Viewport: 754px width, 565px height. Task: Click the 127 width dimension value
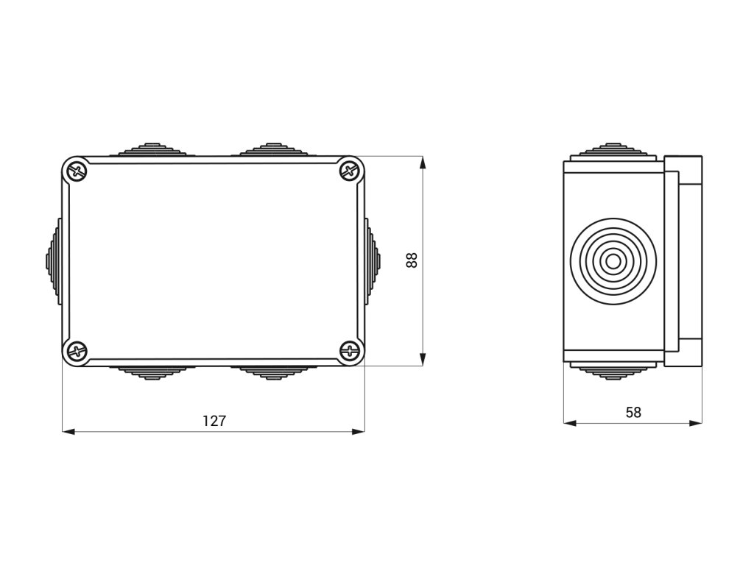coord(214,421)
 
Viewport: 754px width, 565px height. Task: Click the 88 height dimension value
coord(412,260)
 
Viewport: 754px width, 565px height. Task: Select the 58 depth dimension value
coord(633,412)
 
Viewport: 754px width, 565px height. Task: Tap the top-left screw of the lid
coord(77,171)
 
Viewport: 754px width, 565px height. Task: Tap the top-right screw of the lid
coord(350,170)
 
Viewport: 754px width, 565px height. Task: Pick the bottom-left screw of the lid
coord(77,351)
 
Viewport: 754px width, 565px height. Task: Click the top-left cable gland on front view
coord(152,149)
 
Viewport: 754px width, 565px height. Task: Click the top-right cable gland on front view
coord(274,149)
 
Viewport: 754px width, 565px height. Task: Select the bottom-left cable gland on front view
coord(152,372)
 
